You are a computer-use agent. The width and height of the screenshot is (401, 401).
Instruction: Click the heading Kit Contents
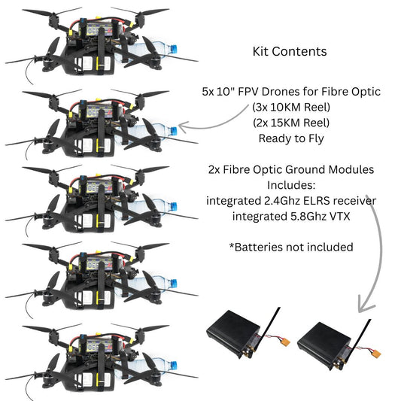click(289, 52)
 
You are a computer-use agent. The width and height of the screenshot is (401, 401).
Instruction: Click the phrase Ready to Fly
click(290, 138)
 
